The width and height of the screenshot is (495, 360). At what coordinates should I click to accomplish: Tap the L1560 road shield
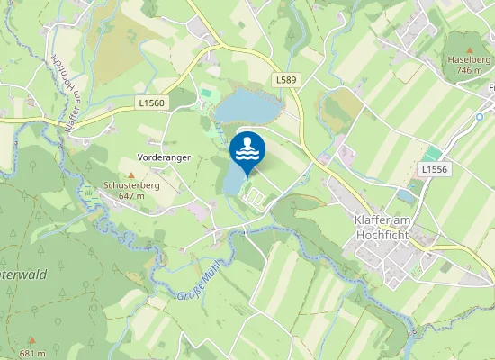(x=152, y=103)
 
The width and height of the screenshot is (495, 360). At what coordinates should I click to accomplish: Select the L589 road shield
(x=286, y=80)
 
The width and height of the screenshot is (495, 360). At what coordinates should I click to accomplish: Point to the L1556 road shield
(x=434, y=169)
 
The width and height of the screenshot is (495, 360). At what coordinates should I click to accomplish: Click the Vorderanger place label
(x=164, y=157)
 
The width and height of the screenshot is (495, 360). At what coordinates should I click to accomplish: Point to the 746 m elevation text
(x=469, y=69)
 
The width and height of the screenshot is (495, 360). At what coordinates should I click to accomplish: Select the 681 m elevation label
(x=32, y=353)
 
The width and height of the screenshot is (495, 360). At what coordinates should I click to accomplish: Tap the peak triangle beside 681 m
(x=31, y=340)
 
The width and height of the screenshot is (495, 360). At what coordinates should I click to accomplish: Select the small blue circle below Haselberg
(x=480, y=117)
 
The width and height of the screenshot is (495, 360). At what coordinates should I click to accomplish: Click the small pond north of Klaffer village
(x=406, y=194)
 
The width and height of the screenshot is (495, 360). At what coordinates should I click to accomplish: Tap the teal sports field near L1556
(x=434, y=154)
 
